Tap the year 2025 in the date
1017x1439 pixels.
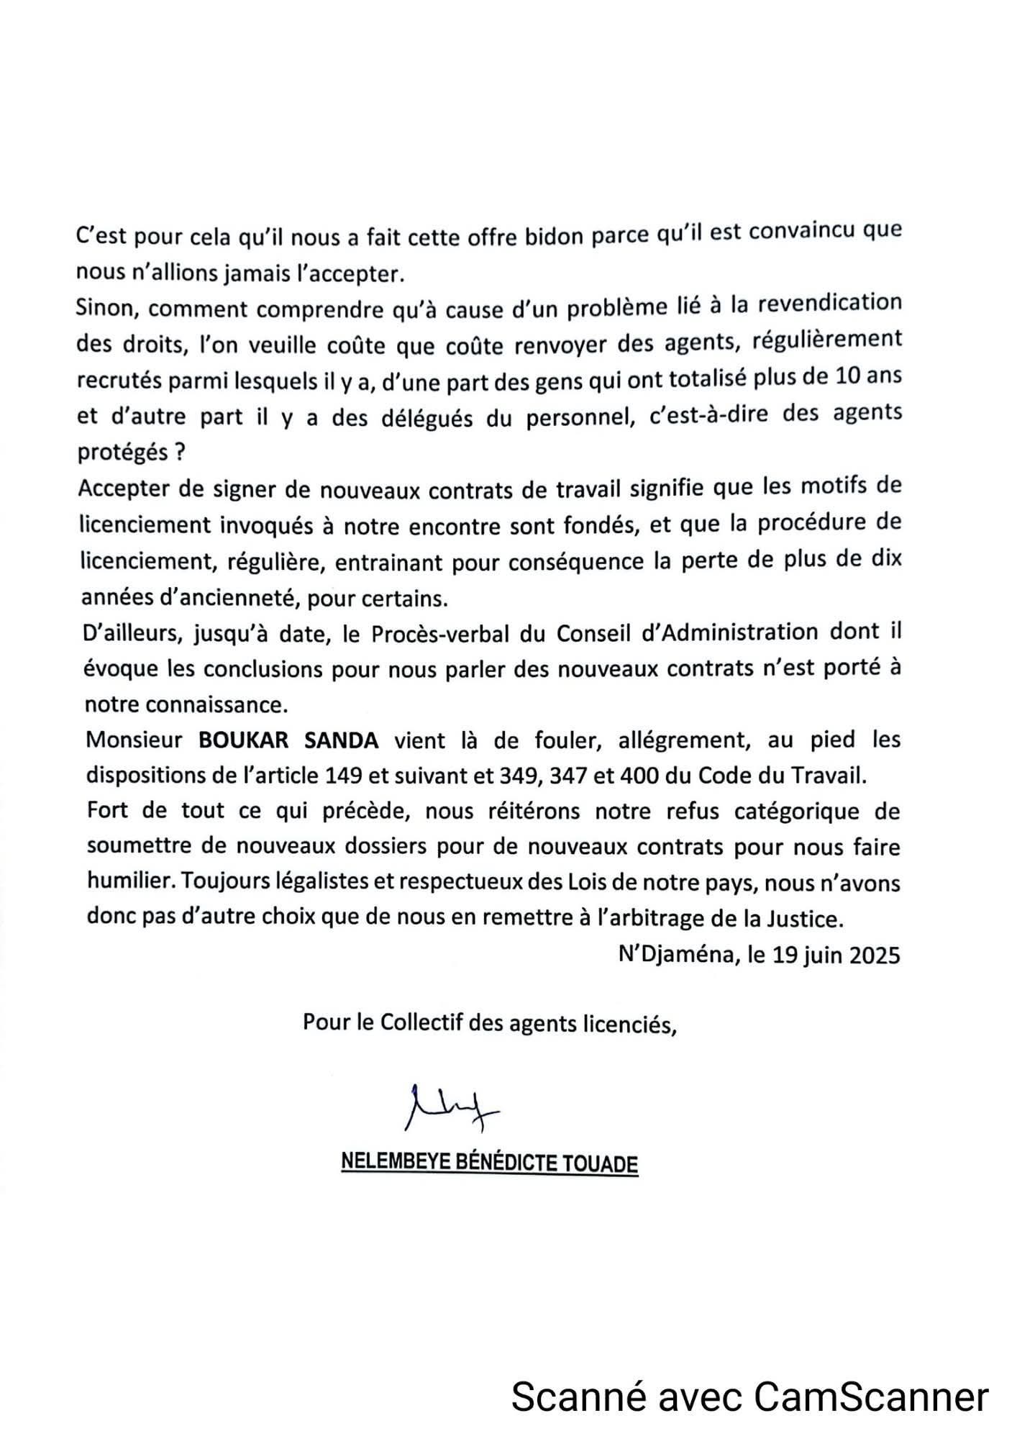[874, 955]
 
